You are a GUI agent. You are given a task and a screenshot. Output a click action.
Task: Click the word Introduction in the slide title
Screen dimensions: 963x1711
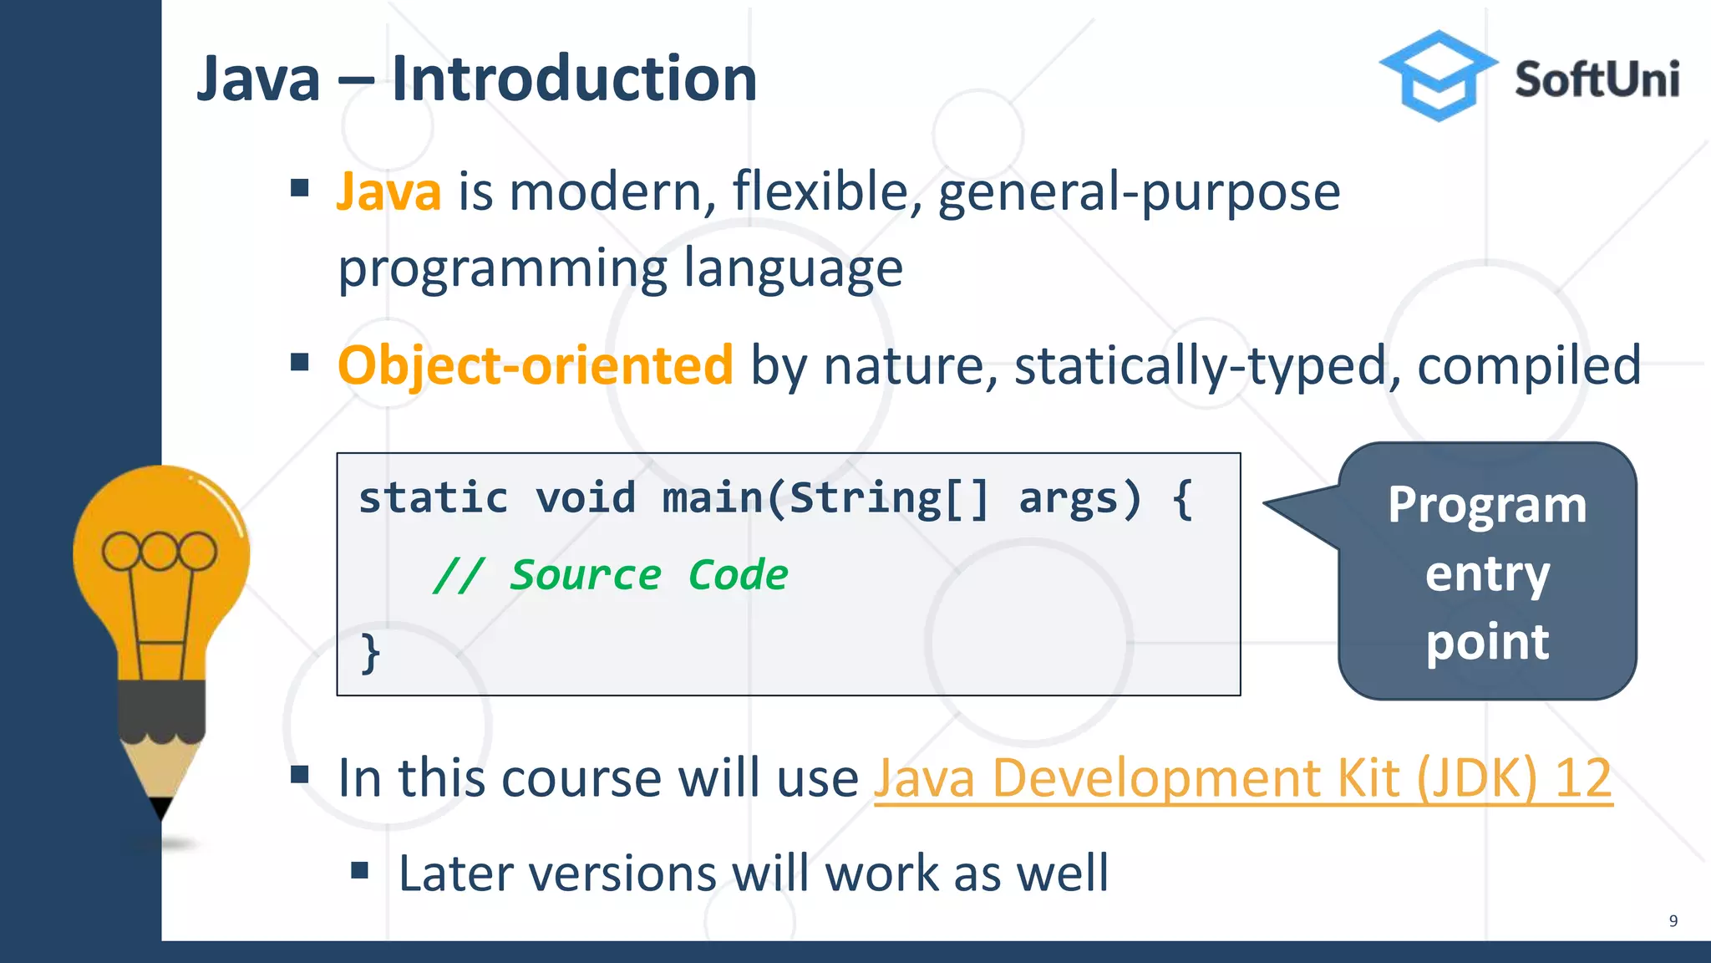click(574, 79)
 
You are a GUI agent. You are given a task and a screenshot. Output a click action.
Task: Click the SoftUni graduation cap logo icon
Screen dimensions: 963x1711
click(1438, 76)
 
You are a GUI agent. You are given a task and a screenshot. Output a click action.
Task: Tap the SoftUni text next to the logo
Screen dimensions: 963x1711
click(1597, 80)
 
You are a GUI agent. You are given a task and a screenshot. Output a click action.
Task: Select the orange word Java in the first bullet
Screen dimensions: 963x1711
click(388, 191)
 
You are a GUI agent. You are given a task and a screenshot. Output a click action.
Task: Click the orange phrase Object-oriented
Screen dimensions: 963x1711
click(536, 365)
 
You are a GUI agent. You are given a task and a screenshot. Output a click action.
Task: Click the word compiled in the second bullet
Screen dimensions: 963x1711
click(1529, 365)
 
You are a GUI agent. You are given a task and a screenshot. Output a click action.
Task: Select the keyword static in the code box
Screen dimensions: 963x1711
click(433, 498)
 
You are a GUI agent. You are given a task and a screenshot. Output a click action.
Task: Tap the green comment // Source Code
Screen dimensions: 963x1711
click(610, 575)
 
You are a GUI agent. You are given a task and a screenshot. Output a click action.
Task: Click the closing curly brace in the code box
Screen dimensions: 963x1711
click(370, 653)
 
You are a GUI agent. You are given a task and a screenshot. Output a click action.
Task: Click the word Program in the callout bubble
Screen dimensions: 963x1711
click(1487, 505)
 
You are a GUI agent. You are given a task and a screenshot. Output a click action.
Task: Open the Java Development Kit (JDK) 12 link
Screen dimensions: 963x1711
click(1242, 778)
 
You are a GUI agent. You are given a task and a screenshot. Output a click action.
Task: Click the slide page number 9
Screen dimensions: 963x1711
click(1673, 920)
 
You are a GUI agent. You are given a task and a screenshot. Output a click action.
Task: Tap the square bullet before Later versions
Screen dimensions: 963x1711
click(360, 872)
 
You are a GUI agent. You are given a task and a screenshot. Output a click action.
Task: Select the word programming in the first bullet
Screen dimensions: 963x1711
click(501, 269)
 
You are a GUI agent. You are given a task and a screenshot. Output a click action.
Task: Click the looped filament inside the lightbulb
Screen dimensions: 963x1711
click(159, 551)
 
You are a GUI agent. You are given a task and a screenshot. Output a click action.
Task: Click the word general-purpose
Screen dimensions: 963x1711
click(1139, 192)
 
